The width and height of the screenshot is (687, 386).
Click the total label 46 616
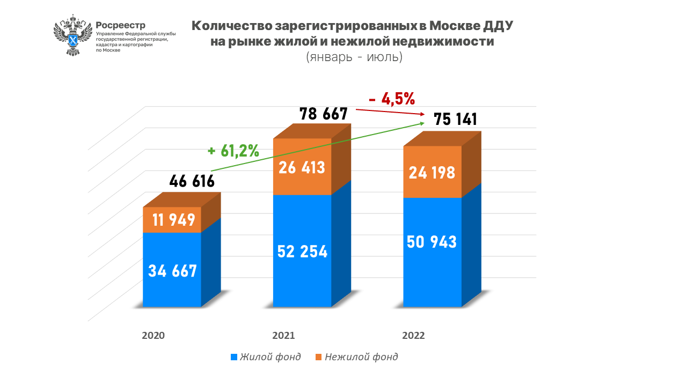point(192,181)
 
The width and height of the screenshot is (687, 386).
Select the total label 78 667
point(323,114)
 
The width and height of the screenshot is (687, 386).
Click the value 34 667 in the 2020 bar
point(172,271)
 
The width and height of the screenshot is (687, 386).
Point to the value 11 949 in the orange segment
point(173,220)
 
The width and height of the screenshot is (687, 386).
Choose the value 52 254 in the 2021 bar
point(302,251)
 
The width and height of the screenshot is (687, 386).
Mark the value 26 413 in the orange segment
point(302,167)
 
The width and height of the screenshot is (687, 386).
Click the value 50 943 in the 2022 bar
point(432,242)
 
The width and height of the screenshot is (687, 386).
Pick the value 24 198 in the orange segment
point(432,173)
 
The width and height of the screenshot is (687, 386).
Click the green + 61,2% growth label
point(233,151)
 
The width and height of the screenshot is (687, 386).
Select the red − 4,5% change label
point(392,99)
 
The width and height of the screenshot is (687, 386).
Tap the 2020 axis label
point(153,336)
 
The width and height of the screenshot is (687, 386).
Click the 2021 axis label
point(283,336)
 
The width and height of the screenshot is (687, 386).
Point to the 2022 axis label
point(413,336)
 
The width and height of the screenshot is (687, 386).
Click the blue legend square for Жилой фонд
point(234,357)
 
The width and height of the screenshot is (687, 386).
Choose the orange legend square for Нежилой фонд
point(318,357)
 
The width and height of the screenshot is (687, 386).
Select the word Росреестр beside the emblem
point(120,25)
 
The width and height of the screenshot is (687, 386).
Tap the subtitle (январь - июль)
point(354,57)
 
